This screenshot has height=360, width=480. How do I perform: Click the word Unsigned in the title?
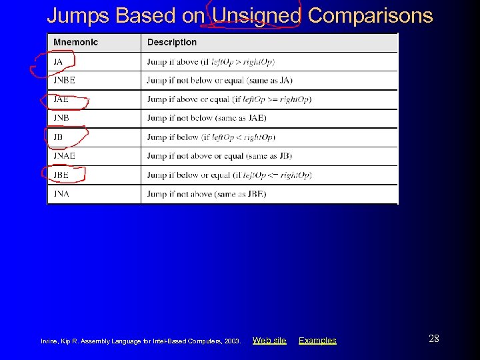(x=257, y=15)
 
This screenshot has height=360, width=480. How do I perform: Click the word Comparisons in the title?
(x=371, y=15)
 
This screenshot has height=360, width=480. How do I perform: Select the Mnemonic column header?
(x=75, y=42)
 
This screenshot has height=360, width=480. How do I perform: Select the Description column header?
(x=172, y=42)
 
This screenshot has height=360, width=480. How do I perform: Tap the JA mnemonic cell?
(x=59, y=62)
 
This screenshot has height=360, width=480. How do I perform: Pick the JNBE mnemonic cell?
(x=65, y=81)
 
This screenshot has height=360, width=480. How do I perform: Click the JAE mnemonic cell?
(x=61, y=99)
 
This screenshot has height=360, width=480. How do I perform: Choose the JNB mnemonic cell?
(x=61, y=118)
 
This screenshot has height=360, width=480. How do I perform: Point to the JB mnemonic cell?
(x=59, y=137)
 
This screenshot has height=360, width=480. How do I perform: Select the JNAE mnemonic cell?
(x=65, y=156)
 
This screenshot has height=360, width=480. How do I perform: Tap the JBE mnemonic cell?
(x=61, y=175)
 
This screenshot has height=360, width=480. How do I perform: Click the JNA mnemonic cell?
(x=61, y=194)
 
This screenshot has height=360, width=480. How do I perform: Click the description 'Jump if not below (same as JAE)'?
(x=207, y=118)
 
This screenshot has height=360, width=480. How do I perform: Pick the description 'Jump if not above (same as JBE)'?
(x=207, y=194)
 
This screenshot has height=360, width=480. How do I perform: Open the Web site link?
(x=269, y=341)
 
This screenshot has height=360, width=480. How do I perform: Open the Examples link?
(x=317, y=341)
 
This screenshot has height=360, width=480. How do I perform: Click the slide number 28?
(x=434, y=339)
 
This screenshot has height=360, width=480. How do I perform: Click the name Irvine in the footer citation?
(x=50, y=341)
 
